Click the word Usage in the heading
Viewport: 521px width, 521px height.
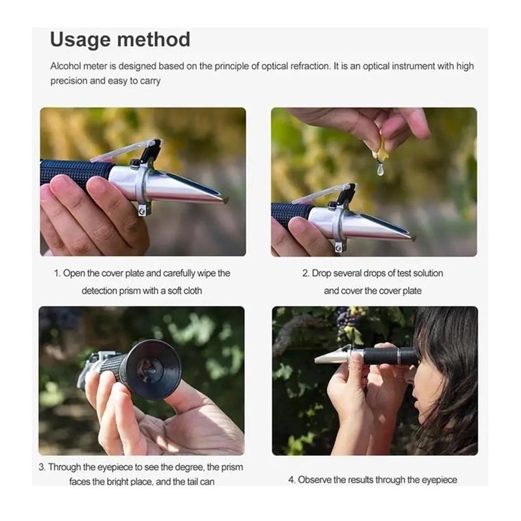pos(80,40)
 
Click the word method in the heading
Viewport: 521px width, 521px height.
pos(154,40)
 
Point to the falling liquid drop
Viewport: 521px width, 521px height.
pos(380,169)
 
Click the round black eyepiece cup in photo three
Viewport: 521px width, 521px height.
pos(154,369)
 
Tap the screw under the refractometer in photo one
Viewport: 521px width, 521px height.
pos(143,210)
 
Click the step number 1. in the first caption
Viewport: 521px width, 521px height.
pos(57,274)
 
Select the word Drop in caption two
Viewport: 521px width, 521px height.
pos(321,273)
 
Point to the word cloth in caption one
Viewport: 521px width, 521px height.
pos(192,290)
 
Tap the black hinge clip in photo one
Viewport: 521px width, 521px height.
pos(150,154)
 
